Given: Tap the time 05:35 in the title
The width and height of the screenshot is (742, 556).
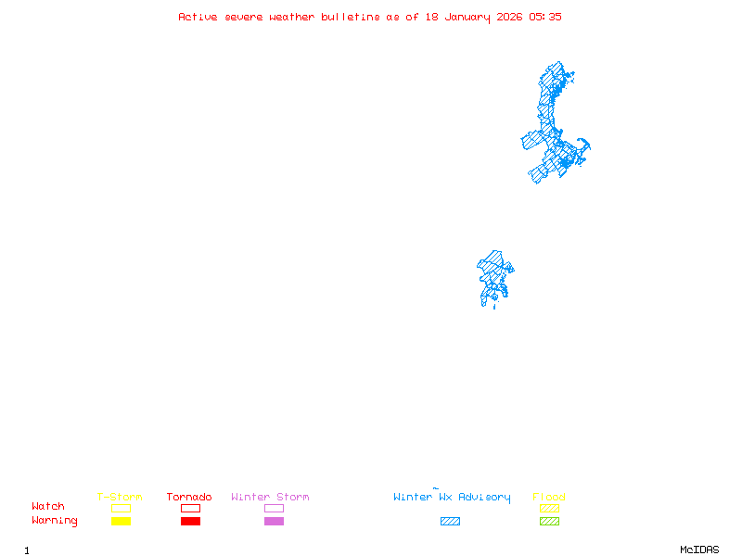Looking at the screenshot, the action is click(x=545, y=17).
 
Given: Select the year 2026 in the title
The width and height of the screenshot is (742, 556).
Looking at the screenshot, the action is click(x=509, y=17).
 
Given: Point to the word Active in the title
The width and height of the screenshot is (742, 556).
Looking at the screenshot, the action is click(x=198, y=17).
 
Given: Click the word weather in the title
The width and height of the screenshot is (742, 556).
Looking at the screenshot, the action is click(x=292, y=17).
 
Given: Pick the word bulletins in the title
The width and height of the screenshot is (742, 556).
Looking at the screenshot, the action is click(x=351, y=17).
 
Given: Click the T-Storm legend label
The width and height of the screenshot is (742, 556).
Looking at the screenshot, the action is click(x=120, y=498).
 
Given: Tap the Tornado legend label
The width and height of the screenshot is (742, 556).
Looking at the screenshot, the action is click(x=189, y=498).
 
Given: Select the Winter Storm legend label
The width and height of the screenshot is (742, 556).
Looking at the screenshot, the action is click(x=270, y=498).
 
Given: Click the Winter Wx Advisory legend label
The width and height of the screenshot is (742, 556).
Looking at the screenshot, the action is click(x=452, y=498).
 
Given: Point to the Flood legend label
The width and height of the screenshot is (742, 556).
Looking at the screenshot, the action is click(x=549, y=498).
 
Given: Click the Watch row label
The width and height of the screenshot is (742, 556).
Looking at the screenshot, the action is click(x=48, y=507).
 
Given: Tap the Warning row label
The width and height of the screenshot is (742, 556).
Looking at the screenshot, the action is click(x=55, y=521).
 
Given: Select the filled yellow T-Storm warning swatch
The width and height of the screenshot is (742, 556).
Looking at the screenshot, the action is click(x=121, y=521).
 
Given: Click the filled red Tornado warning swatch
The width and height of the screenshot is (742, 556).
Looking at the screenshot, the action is click(x=190, y=521).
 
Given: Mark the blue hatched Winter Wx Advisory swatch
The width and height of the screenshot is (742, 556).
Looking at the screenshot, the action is click(x=450, y=521).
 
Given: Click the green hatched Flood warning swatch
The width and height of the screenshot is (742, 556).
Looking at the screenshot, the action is click(x=549, y=521).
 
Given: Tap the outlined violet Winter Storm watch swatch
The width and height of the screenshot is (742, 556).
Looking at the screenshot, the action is click(x=274, y=508).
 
